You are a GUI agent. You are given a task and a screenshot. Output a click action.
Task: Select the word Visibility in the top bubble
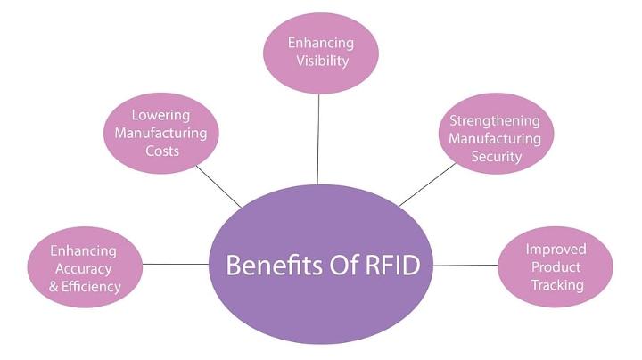[x=319, y=61]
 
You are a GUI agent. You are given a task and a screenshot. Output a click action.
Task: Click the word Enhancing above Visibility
[x=320, y=43]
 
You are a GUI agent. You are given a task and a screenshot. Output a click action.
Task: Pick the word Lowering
[x=161, y=115]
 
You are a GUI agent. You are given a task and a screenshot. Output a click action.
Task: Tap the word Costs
[x=160, y=151]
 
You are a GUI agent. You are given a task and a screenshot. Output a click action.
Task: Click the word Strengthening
[x=495, y=120]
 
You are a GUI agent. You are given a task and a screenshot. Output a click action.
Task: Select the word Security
[x=497, y=157]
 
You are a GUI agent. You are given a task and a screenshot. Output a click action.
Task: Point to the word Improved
[x=555, y=250]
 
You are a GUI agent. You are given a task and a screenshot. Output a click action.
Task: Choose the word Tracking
[x=555, y=285]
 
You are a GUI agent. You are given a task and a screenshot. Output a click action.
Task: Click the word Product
[x=555, y=267]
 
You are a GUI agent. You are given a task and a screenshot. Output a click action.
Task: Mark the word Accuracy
[x=83, y=269]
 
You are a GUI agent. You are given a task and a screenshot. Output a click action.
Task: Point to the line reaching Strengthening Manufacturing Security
[x=426, y=185]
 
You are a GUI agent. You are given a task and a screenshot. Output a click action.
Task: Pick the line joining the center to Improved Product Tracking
[x=465, y=266]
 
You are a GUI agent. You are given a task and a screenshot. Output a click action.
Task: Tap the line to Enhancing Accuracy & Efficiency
[x=175, y=264]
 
